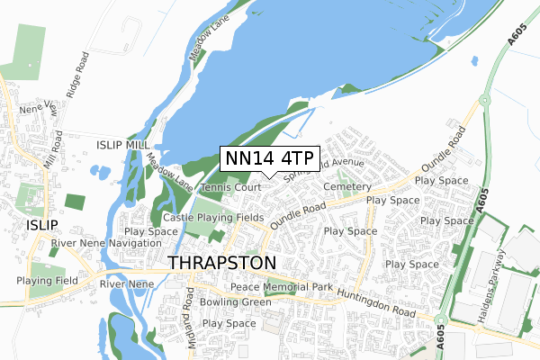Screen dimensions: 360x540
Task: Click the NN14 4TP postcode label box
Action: coord(269,158)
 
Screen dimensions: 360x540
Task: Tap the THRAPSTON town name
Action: coord(222,262)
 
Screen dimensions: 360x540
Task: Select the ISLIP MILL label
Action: coord(125,144)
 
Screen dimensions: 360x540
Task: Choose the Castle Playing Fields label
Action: coord(212,218)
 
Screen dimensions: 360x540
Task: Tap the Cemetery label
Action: coord(346,187)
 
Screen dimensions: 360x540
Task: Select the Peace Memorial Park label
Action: coord(282,287)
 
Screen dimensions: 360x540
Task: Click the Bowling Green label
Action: coord(236,302)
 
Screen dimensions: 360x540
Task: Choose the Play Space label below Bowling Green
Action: coord(229,323)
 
